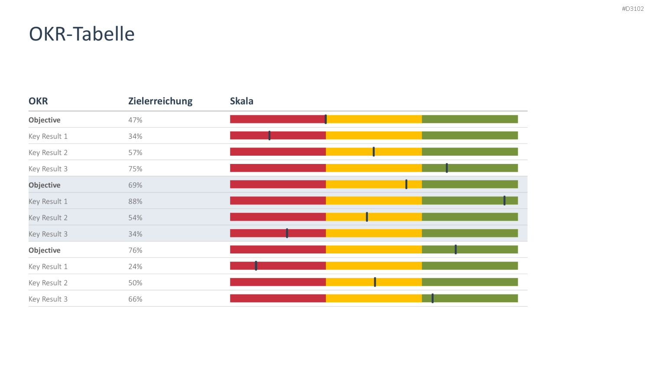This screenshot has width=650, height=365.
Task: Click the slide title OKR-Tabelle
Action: [82, 34]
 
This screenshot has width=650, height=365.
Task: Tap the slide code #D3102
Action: [633, 9]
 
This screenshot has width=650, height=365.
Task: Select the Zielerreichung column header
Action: [160, 101]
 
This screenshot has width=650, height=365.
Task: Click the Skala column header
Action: [241, 101]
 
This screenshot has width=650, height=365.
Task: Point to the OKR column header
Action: [38, 101]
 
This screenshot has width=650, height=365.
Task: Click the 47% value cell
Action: [135, 120]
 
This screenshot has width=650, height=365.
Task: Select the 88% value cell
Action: [135, 202]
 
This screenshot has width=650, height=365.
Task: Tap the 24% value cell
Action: [135, 266]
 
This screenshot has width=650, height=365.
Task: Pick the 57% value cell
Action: [135, 152]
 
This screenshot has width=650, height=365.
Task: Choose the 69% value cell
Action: [135, 185]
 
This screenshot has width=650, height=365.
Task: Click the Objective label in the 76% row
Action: [44, 250]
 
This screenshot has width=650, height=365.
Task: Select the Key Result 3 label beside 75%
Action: [48, 169]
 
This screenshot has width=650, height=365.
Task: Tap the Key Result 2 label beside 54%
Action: [48, 218]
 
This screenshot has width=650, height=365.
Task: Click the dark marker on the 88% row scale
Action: [504, 201]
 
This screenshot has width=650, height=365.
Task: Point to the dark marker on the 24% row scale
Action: [256, 266]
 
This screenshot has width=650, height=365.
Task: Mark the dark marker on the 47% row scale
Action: [325, 119]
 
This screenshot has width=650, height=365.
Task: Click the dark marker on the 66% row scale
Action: [432, 298]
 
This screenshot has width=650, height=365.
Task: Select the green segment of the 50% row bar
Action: [470, 282]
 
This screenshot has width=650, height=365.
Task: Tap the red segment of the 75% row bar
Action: [278, 168]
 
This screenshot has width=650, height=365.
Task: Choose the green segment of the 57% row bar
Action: [470, 152]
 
